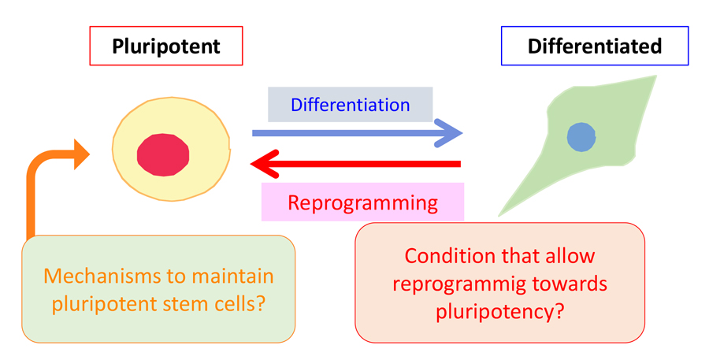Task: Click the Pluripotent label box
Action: click(x=165, y=46)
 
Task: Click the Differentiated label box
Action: click(x=595, y=46)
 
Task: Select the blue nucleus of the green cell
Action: click(x=581, y=137)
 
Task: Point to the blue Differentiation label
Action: click(x=350, y=105)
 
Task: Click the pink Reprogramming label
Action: click(x=362, y=202)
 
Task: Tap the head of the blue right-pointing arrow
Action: click(x=451, y=133)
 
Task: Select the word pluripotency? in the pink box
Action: click(x=499, y=311)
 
